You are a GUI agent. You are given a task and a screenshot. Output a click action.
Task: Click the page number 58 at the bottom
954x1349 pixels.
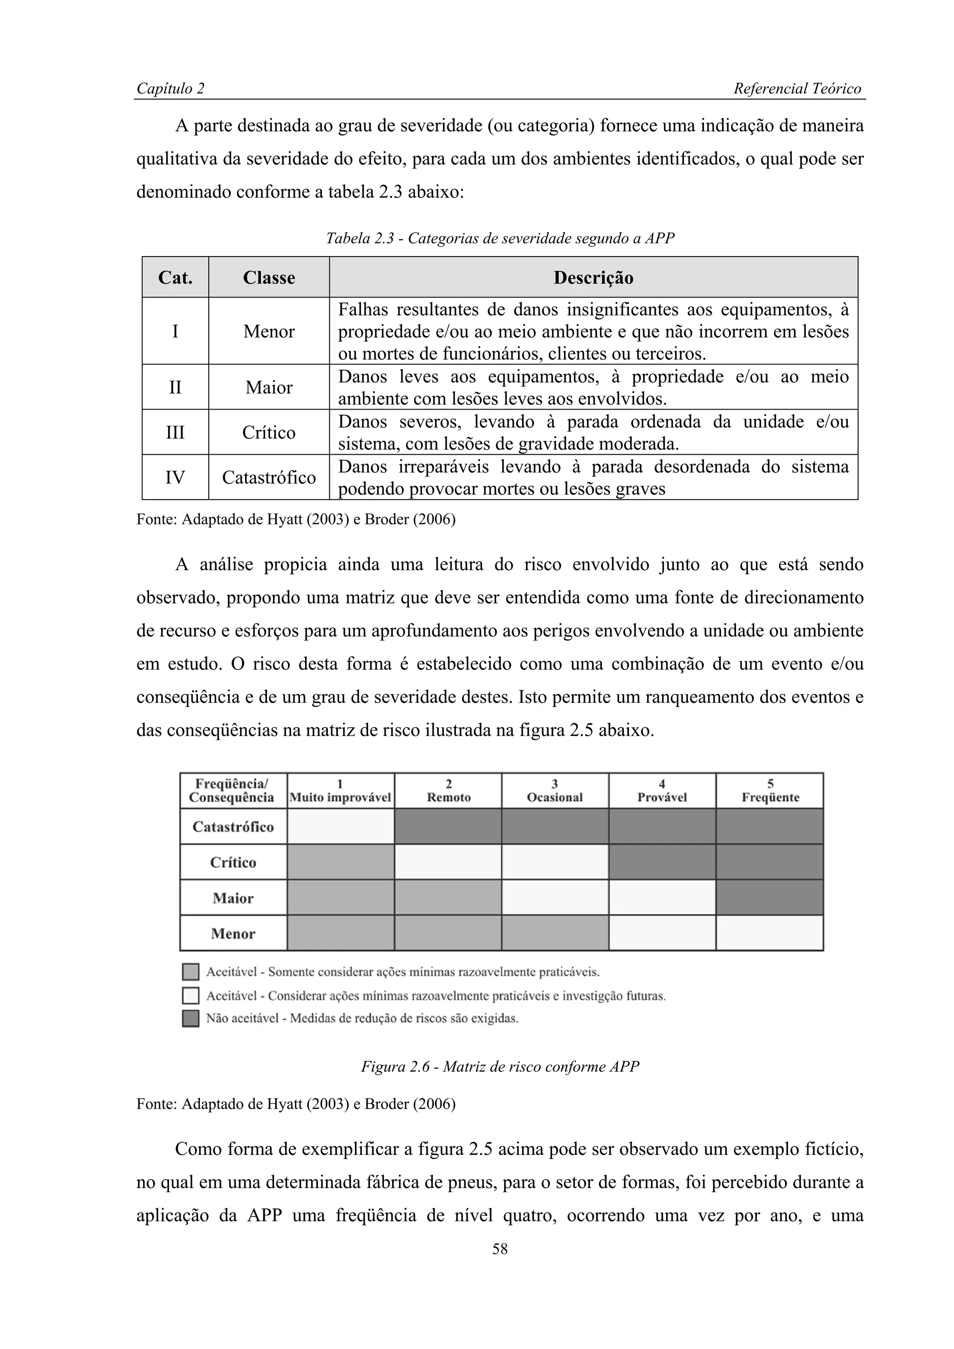click(500, 1248)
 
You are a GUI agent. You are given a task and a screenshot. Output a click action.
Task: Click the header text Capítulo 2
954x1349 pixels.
click(170, 89)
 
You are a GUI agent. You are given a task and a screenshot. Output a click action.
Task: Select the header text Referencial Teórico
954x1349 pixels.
click(797, 89)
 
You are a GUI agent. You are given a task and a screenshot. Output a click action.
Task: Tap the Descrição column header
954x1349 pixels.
click(593, 277)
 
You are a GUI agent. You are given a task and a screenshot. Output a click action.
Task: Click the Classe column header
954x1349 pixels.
click(269, 277)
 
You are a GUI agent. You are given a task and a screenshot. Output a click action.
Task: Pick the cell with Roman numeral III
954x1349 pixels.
click(175, 432)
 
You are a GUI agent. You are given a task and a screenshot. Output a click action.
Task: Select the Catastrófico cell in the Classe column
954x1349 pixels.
click(269, 477)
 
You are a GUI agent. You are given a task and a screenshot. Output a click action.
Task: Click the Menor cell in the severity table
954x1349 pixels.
click(269, 331)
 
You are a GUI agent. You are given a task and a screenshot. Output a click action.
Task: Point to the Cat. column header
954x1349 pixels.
click(175, 277)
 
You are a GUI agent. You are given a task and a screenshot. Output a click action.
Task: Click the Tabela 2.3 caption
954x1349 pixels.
click(500, 238)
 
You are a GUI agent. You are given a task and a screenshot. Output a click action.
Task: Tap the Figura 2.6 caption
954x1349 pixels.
click(500, 1066)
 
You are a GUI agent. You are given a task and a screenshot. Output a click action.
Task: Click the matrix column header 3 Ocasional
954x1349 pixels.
click(555, 791)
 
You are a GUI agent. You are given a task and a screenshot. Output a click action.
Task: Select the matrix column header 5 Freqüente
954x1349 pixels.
click(770, 791)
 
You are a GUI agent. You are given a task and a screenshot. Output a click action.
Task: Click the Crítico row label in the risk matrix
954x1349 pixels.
click(233, 863)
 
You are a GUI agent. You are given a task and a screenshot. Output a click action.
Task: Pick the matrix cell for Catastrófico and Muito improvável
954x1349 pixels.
click(341, 827)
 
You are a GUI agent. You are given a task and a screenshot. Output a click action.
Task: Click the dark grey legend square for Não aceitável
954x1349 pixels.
click(191, 1018)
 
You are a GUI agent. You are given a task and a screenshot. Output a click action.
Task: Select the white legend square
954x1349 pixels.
click(191, 995)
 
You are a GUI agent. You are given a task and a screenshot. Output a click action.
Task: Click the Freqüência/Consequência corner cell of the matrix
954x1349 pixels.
click(233, 791)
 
